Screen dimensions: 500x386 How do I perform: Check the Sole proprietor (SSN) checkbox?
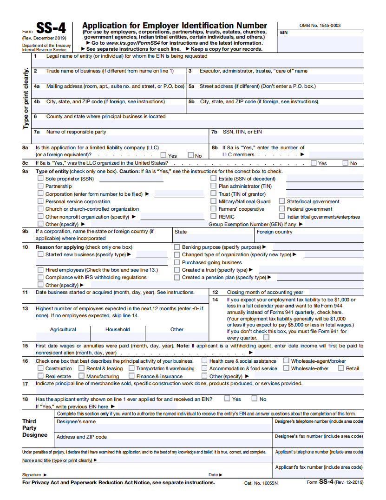click(x=40, y=178)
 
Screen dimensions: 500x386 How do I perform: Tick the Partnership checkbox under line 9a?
click(x=40, y=186)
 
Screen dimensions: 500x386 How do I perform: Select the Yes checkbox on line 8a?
click(x=164, y=155)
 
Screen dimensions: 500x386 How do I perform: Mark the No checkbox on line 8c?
click(x=346, y=163)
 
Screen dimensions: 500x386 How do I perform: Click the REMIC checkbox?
click(x=214, y=216)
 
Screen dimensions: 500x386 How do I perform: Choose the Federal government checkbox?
click(x=282, y=209)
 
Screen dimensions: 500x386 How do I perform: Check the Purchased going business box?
click(x=177, y=262)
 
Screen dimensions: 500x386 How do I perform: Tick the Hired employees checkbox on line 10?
click(x=40, y=270)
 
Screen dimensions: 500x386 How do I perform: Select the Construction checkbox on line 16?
click(x=40, y=368)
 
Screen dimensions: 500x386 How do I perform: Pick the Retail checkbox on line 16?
click(x=341, y=368)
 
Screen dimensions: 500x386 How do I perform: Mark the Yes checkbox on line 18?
click(x=227, y=399)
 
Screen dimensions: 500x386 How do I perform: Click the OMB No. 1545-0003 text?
click(x=320, y=26)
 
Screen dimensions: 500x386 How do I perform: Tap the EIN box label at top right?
click(x=284, y=33)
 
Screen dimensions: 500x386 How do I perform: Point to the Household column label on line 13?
click(x=118, y=329)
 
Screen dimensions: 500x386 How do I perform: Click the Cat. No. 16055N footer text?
click(x=261, y=483)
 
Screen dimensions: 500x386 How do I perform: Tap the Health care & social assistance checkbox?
click(x=204, y=361)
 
